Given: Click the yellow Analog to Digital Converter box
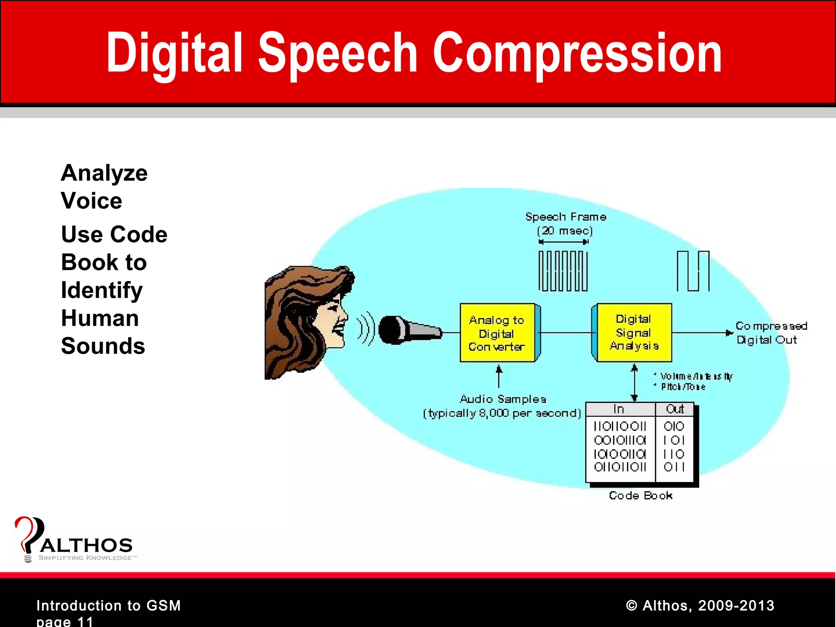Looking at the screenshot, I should (497, 333).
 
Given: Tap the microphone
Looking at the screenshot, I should (408, 330).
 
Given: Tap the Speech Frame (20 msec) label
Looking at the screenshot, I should (565, 223).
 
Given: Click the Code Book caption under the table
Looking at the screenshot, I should (640, 496).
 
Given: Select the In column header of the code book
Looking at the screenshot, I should (619, 409).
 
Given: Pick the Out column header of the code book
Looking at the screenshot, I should (674, 409).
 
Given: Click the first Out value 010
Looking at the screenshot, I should (674, 427).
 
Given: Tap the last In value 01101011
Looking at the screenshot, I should (620, 467).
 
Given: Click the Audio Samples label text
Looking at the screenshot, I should (502, 399).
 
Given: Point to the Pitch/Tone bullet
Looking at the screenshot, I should (683, 387).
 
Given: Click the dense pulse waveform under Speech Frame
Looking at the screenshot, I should (563, 271).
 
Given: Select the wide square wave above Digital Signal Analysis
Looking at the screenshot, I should (693, 271).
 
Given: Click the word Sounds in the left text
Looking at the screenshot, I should (103, 346).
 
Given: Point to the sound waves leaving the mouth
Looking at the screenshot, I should (365, 329).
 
